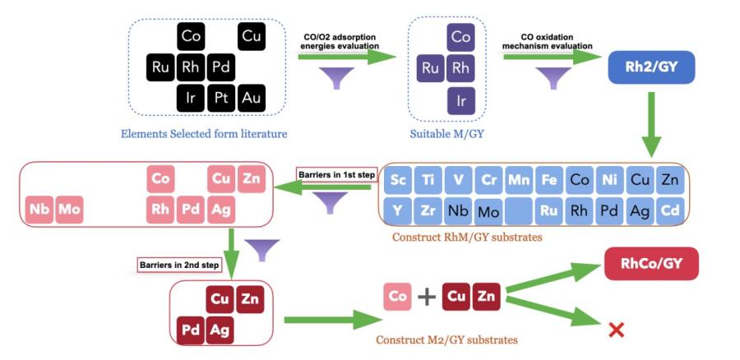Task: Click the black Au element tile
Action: click(x=252, y=99)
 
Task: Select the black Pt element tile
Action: click(x=221, y=99)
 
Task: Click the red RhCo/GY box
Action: click(x=651, y=264)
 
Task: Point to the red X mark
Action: click(x=615, y=330)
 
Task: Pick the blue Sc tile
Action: click(x=399, y=180)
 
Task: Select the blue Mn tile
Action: click(x=519, y=180)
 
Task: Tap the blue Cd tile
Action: click(x=670, y=210)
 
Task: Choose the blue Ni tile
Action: click(x=609, y=180)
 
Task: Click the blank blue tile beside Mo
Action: click(x=519, y=211)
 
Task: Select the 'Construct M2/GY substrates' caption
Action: click(x=446, y=338)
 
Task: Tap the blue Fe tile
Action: click(x=548, y=180)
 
